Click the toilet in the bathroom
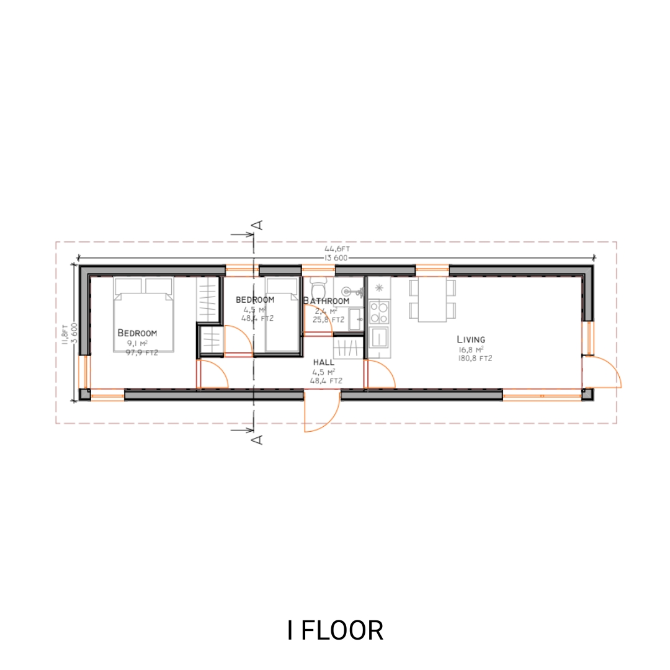coord(319,289)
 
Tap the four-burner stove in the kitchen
coord(379,313)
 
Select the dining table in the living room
coord(432,299)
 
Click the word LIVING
coord(471,339)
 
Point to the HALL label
coord(323,362)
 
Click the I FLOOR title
coord(335,630)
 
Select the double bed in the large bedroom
coord(143,315)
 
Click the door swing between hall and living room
coord(380,375)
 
